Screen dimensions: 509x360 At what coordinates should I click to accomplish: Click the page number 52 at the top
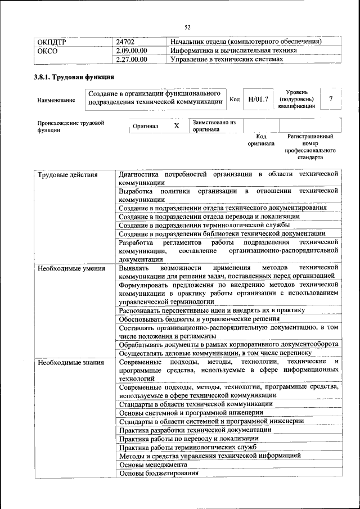click(x=187, y=27)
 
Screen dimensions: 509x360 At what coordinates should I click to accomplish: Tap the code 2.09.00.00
click(x=130, y=51)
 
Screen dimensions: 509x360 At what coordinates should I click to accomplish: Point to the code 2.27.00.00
click(x=130, y=59)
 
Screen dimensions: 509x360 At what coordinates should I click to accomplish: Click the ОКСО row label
click(x=48, y=51)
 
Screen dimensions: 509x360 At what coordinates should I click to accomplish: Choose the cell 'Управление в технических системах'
click(x=226, y=59)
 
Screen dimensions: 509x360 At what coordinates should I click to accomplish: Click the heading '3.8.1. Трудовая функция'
click(x=74, y=77)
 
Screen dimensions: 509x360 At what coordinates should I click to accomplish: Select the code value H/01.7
click(x=258, y=99)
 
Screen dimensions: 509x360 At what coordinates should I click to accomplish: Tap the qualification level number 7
click(x=331, y=99)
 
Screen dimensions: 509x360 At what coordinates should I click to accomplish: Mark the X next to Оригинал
click(x=176, y=126)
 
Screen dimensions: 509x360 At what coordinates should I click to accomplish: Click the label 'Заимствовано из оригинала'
click(x=214, y=125)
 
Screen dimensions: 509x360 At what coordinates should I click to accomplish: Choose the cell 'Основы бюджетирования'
click(x=159, y=474)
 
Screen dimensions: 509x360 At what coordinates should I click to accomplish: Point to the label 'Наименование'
click(x=56, y=100)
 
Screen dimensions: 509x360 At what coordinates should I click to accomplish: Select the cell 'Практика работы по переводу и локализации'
click(x=188, y=438)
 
